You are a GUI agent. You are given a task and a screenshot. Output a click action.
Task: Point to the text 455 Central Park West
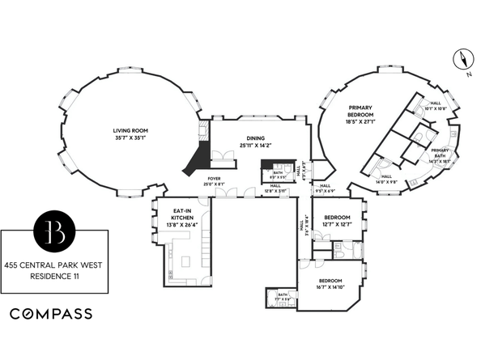pyautogui.click(x=54, y=265)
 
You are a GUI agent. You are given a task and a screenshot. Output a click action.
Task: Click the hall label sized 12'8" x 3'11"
pyautogui.click(x=276, y=188)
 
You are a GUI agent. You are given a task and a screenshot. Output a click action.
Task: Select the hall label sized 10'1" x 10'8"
pyautogui.click(x=434, y=105)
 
